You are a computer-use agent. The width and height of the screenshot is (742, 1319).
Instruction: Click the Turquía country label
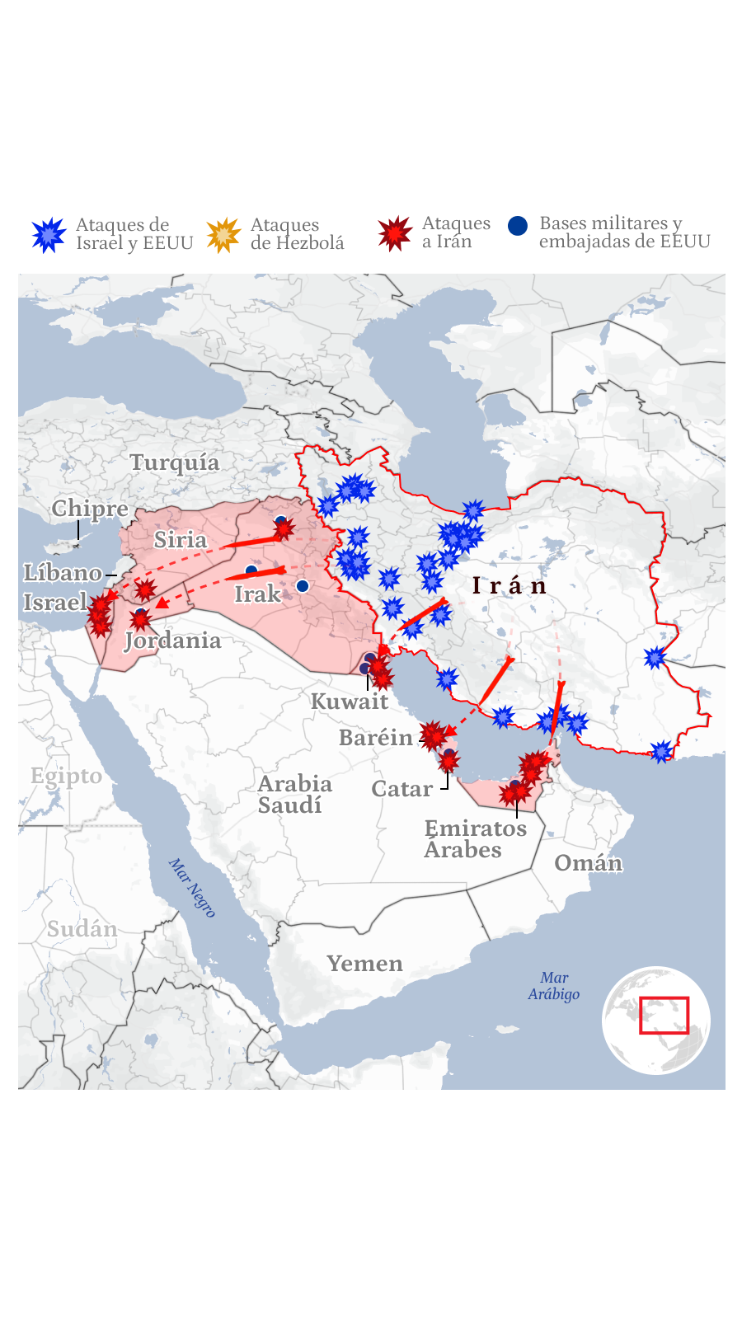175,462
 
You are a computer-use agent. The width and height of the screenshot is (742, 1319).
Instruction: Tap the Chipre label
90,509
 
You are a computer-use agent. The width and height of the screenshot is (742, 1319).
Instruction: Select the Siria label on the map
181,540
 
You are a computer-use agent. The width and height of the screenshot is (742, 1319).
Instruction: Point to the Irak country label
257,594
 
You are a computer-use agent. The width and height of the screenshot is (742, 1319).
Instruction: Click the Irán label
510,586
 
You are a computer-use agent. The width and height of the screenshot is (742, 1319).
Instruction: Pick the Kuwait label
349,702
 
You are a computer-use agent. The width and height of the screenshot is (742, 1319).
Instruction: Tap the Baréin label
376,738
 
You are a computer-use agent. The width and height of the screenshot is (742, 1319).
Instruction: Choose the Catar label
402,789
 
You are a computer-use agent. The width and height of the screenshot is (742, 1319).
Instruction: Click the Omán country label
588,863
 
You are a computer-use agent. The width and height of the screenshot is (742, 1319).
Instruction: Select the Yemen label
364,964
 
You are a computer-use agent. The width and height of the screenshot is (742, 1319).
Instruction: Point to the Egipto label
66,776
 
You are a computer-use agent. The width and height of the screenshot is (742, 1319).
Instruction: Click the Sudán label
82,929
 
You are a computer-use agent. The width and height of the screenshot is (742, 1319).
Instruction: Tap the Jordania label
173,641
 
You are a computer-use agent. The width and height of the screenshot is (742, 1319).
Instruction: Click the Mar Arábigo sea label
554,986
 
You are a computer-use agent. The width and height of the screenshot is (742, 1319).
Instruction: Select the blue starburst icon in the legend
49,235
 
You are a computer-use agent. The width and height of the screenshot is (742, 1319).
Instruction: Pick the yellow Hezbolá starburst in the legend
223,235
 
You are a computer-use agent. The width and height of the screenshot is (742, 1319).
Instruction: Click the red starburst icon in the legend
395,233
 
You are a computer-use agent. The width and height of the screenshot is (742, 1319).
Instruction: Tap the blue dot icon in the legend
518,226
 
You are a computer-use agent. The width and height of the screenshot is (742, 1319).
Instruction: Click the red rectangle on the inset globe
664,1015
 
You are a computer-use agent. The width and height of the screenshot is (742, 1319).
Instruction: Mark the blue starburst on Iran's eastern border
655,657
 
